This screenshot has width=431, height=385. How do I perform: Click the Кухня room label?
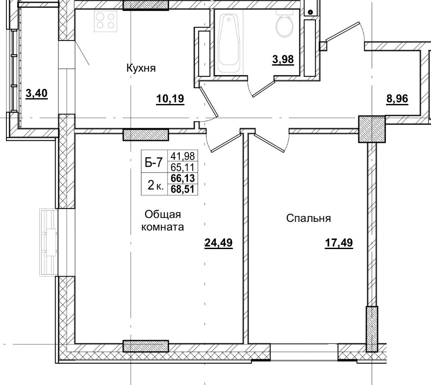click(x=141, y=68)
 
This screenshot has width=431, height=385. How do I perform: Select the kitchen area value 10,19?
click(x=170, y=99)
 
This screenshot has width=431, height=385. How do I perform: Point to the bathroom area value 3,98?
click(x=283, y=59)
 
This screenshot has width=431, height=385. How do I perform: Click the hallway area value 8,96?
click(x=397, y=98)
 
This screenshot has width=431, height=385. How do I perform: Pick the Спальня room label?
click(x=309, y=218)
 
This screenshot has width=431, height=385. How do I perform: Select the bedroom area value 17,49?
click(x=339, y=243)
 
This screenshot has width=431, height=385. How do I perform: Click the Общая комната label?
click(x=162, y=221)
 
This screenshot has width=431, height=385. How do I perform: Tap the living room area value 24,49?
click(x=218, y=243)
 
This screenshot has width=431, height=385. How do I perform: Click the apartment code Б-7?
click(x=153, y=162)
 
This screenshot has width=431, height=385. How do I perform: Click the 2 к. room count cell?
click(x=155, y=185)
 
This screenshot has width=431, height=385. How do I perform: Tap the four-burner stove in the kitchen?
click(x=106, y=20)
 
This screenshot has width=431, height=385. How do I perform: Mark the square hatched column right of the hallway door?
click(x=372, y=129)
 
